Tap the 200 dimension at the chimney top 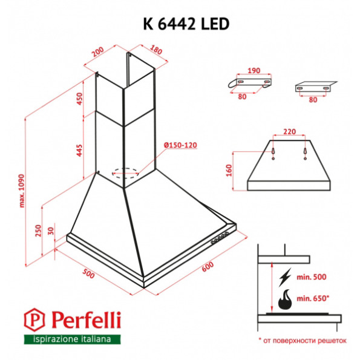[97, 54]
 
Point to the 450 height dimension [79, 99]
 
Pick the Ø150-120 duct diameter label [181, 145]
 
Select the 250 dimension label [38, 231]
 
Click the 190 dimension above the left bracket [254, 71]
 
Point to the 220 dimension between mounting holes [290, 131]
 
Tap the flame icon [284, 299]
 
